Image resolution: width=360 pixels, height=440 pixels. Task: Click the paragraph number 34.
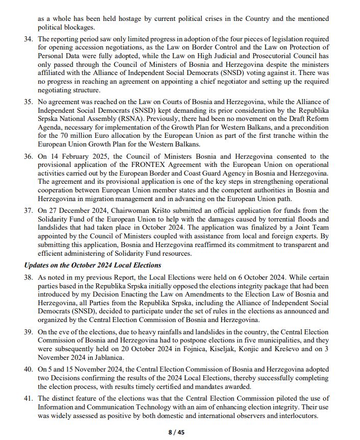click(28, 39)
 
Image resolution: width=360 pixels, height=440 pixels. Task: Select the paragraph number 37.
click(28, 211)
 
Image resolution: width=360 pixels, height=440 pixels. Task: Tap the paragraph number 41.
click(28, 399)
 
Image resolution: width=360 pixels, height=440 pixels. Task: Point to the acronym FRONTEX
click(141, 164)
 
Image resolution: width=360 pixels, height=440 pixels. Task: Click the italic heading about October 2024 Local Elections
click(92, 265)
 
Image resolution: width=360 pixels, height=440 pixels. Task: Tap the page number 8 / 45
click(177, 432)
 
